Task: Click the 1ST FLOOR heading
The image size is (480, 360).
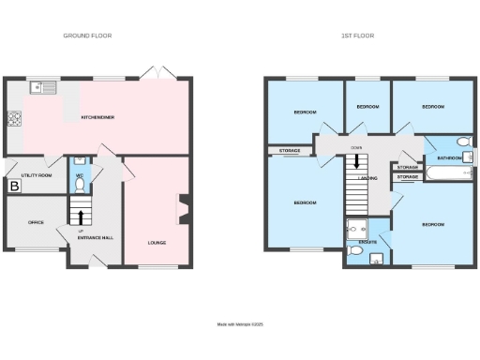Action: pyautogui.click(x=356, y=36)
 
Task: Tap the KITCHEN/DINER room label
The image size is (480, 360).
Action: pyautogui.click(x=97, y=118)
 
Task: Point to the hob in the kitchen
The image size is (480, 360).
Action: pyautogui.click(x=15, y=119)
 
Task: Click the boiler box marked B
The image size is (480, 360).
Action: pyautogui.click(x=14, y=187)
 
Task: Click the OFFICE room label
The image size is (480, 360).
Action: pyautogui.click(x=36, y=222)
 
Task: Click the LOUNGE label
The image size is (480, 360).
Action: pyautogui.click(x=157, y=243)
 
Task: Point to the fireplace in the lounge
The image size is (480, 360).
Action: pyautogui.click(x=183, y=208)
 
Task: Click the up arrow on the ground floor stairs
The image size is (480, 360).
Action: pyautogui.click(x=81, y=214)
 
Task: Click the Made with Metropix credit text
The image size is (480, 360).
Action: pyautogui.click(x=240, y=324)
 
